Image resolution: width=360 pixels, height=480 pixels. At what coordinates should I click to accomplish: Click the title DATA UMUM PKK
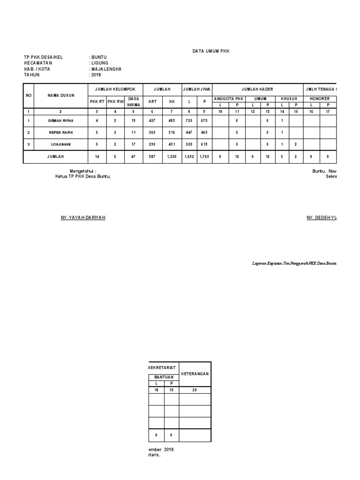(211, 51)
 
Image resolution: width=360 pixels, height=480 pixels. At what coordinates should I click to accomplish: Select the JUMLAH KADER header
(257, 89)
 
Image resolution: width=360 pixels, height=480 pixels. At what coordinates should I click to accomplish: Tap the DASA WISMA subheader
(134, 101)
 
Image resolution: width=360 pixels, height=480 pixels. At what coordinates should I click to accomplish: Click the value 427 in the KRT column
(152, 120)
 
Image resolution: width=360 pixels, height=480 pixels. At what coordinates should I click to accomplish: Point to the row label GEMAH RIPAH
(61, 120)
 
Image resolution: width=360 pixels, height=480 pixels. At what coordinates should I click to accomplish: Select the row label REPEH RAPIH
(61, 133)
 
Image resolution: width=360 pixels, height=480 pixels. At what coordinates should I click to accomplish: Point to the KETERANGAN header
(195, 374)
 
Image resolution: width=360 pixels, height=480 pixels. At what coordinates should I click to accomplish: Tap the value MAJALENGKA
(106, 69)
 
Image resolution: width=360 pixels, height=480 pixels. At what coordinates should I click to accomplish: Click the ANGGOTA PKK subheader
(229, 99)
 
